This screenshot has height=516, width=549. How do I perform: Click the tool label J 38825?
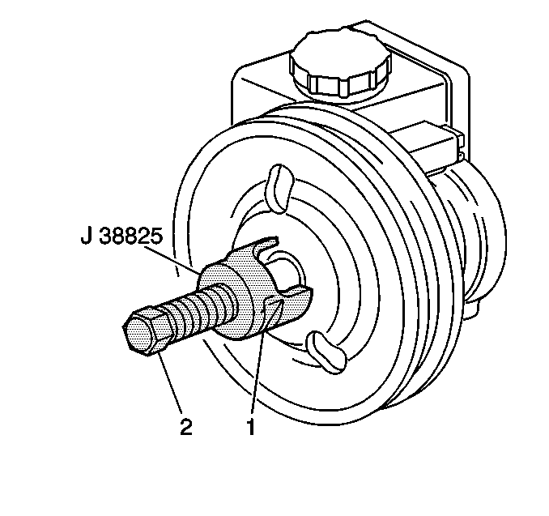click(121, 237)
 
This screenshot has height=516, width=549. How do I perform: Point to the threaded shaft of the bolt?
click(196, 310)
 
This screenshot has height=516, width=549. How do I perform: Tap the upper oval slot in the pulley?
click(279, 188)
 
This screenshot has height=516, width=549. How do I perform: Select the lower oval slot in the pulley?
click(326, 352)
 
